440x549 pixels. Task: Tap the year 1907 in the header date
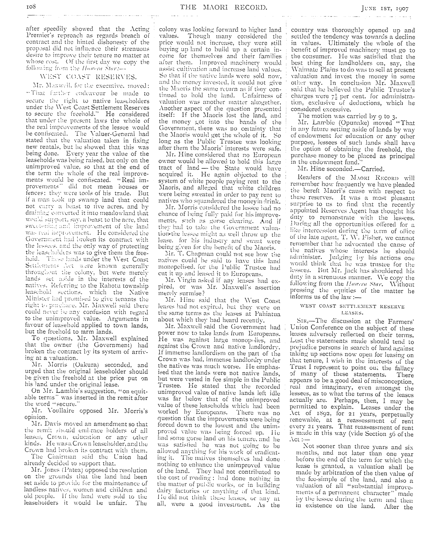(401, 8)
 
